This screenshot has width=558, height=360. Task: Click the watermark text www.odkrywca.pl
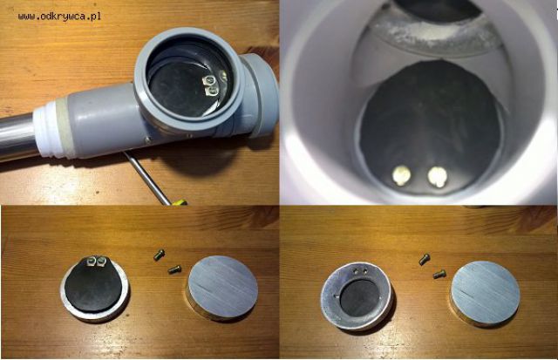pyautogui.click(x=59, y=17)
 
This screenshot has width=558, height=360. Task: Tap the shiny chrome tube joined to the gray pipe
pyautogui.click(x=17, y=137)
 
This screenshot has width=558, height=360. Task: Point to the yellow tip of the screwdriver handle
pyautogui.click(x=180, y=203)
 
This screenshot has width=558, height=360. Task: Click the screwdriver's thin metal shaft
pyautogui.click(x=146, y=177)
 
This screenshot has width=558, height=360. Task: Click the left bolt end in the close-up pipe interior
pyautogui.click(x=401, y=175)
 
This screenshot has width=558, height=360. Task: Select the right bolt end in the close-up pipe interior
pyautogui.click(x=437, y=176)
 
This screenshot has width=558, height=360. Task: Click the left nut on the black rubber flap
pyautogui.click(x=91, y=262)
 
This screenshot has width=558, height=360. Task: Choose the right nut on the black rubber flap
pyautogui.click(x=100, y=262)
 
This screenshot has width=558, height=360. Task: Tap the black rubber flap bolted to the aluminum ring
pyautogui.click(x=94, y=284)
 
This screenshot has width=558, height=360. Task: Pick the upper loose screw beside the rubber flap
pyautogui.click(x=159, y=255)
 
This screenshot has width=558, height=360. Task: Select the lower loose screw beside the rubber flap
pyautogui.click(x=174, y=269)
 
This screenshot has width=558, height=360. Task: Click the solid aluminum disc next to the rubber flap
pyautogui.click(x=222, y=288)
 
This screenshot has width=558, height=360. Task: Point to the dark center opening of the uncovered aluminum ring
pyautogui.click(x=359, y=297)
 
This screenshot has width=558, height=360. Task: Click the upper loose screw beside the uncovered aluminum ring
pyautogui.click(x=425, y=260)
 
